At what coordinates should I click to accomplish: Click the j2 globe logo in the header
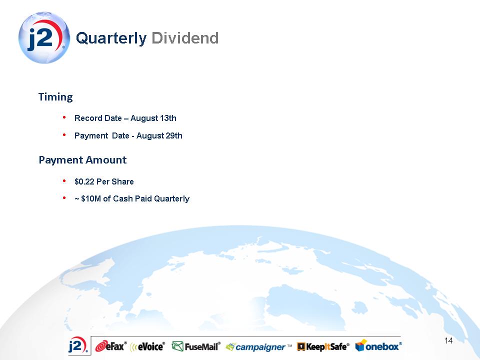(44, 37)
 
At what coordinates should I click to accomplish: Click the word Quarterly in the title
(111, 39)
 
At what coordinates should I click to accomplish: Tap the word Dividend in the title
(185, 38)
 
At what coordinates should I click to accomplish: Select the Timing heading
(55, 97)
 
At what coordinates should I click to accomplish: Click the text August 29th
(159, 135)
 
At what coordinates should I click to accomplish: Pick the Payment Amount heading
(82, 160)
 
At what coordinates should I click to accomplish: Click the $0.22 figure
(84, 181)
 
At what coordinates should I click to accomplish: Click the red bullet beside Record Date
(64, 117)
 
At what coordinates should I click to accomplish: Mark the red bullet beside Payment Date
(64, 134)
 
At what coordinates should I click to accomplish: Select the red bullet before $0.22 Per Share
(64, 181)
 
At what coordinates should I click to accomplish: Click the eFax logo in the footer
(111, 346)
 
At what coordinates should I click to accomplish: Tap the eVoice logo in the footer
(147, 346)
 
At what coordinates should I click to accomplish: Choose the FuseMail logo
(196, 346)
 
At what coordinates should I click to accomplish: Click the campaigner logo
(258, 347)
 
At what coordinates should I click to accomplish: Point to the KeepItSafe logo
(323, 346)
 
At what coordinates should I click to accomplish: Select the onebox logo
(378, 345)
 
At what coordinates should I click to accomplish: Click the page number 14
(448, 340)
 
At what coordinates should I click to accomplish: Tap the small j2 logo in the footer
(78, 346)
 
